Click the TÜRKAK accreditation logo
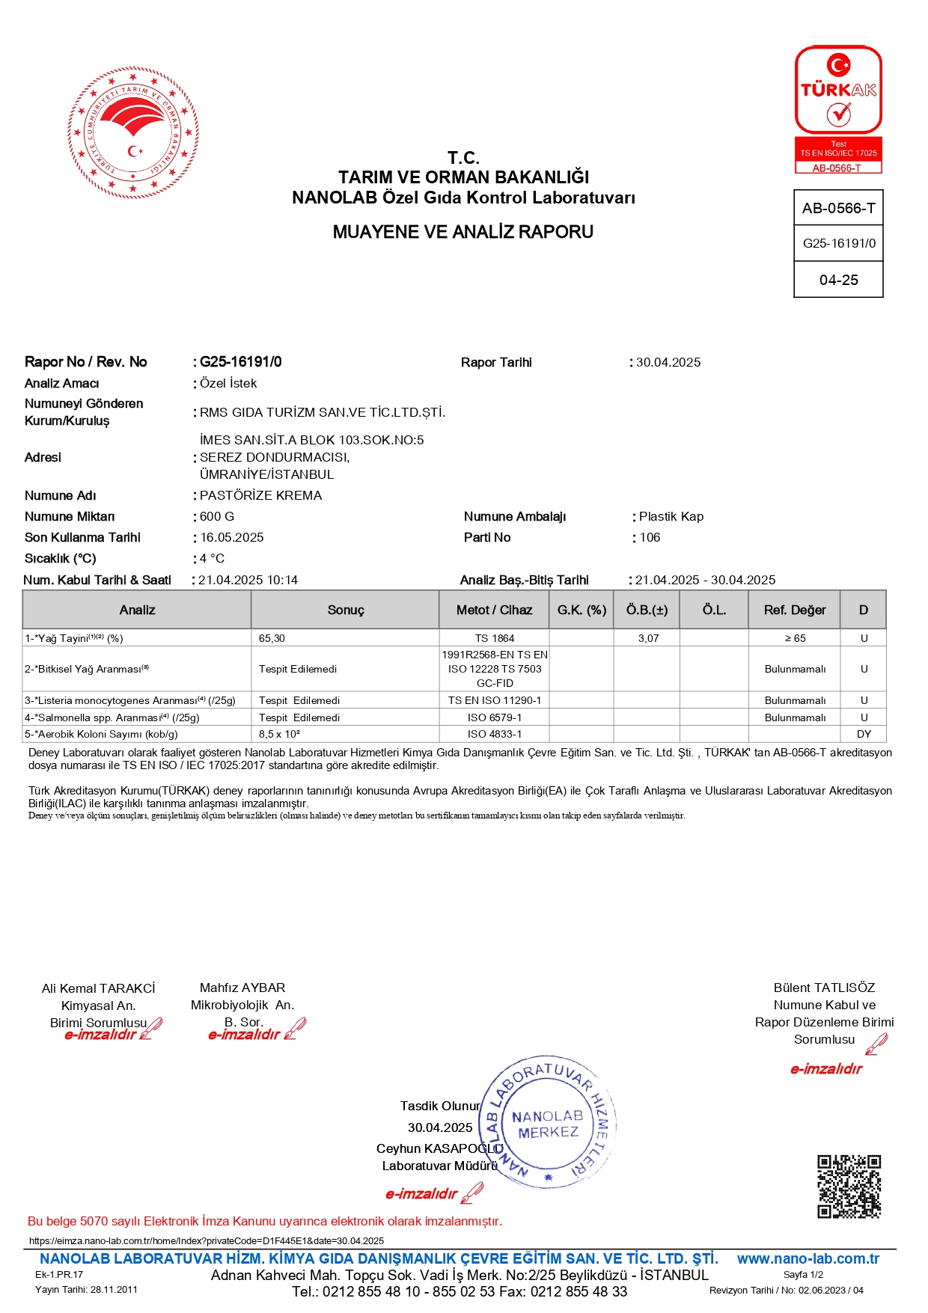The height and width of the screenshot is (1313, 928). pos(838,109)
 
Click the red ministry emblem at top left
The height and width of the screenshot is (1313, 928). pos(133,133)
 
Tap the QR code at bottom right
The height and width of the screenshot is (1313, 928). pos(849,1187)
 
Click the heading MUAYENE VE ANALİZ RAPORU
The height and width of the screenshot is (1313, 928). pos(463,232)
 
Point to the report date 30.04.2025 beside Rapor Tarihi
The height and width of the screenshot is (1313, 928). pos(668,363)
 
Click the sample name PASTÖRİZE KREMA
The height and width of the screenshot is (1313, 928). pos(261,496)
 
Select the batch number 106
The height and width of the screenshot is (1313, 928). pos(650,538)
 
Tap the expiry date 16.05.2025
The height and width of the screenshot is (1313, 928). pos(232,538)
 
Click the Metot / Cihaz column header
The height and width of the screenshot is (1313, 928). pos(494,610)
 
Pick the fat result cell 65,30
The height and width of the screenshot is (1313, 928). pos(272,639)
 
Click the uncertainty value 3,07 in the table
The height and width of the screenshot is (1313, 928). pos(648,639)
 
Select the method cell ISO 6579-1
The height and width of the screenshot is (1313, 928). pos(495,718)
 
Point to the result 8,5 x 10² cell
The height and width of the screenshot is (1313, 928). pos(279,735)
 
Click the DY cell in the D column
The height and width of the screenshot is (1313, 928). pos(864,735)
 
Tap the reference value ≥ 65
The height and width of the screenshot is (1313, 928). pos(795,639)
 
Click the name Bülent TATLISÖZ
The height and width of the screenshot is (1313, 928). pos(824,988)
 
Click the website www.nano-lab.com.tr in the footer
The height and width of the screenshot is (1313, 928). pos(808,1259)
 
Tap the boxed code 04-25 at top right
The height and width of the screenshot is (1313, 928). pos(838,281)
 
